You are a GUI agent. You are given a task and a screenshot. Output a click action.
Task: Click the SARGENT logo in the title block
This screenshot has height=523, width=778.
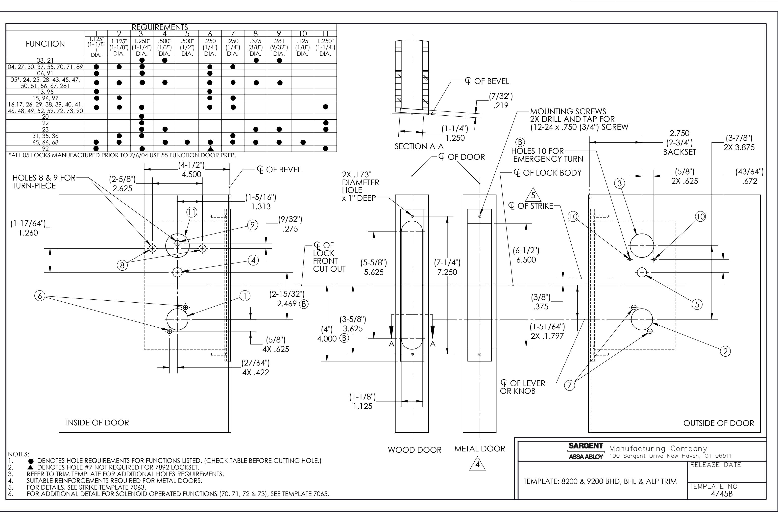pos(586,446)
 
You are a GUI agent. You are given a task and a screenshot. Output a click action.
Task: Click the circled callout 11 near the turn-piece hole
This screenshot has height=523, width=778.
pos(192,212)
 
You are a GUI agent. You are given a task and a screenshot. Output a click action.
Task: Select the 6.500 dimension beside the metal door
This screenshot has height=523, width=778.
pos(526,260)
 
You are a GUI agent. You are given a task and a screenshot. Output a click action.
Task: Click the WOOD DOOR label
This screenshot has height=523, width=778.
pos(414,450)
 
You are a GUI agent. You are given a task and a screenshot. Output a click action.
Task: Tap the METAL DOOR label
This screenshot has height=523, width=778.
pos(480,449)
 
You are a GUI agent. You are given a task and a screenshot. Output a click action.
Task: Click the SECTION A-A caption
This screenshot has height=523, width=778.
pos(419,146)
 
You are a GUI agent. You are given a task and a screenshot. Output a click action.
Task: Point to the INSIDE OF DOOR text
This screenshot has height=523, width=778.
pos(97,423)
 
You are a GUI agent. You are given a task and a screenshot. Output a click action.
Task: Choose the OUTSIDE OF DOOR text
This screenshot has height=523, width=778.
pos(719,423)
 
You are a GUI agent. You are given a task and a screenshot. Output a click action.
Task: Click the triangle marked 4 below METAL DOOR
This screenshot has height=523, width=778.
pos(477,464)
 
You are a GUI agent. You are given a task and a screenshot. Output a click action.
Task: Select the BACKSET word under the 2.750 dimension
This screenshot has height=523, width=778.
pos(679,152)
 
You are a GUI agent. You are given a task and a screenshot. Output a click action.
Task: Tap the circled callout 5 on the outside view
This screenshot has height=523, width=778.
pos(697,304)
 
